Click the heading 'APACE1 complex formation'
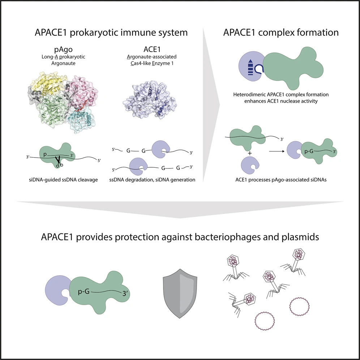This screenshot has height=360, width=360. coord(280,33)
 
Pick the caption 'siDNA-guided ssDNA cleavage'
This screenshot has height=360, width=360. coord(63,180)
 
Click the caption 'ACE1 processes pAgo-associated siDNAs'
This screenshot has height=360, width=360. coord(280,181)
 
